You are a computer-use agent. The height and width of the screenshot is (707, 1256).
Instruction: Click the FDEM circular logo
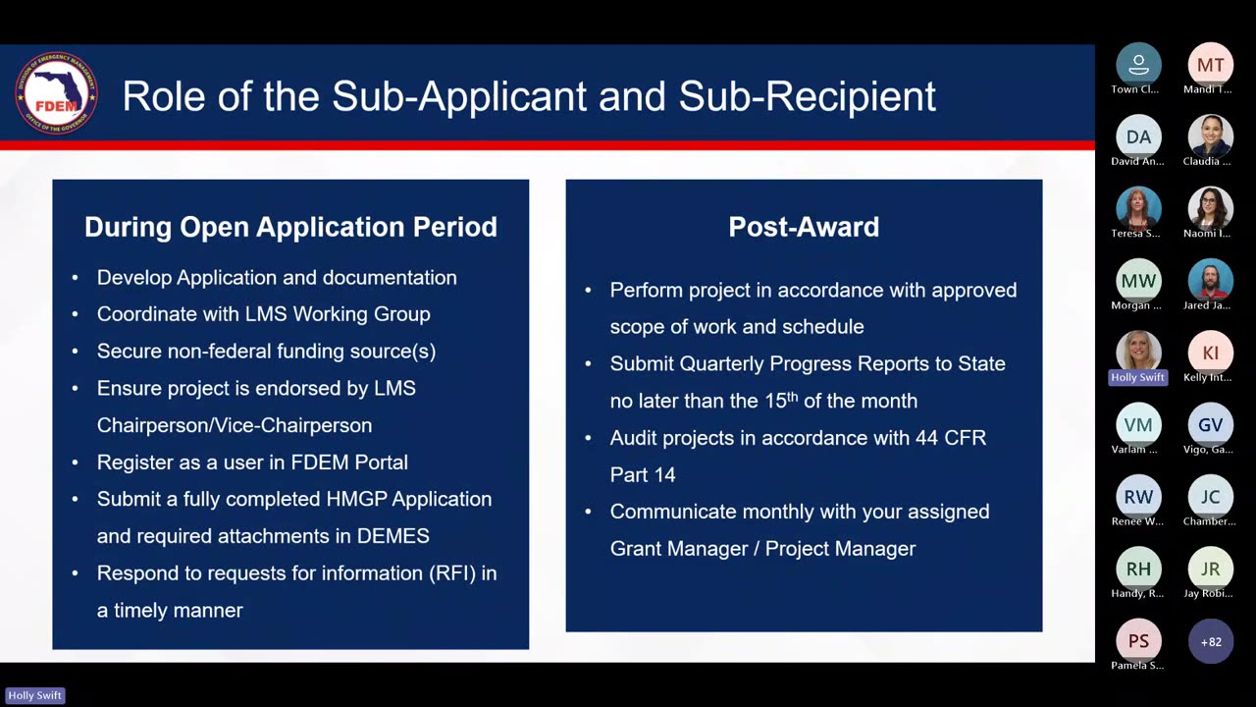56,93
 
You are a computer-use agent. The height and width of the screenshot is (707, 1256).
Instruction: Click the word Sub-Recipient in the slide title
807,96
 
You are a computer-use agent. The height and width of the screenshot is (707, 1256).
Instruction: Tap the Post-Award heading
804,227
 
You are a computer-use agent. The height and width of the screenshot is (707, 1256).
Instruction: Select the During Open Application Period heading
290,227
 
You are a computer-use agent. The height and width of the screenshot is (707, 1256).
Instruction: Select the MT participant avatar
1210,65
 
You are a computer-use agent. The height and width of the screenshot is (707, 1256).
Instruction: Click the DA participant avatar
1138,136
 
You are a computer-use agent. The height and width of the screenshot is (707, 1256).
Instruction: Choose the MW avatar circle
1138,281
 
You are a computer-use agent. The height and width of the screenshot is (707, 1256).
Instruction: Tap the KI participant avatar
1210,353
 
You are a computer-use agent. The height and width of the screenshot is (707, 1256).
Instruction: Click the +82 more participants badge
1211,641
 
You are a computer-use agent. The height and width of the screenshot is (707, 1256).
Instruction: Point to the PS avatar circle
1138,641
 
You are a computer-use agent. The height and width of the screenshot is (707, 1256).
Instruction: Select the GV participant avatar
1210,425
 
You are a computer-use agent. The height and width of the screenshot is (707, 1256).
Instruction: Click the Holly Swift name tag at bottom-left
34,695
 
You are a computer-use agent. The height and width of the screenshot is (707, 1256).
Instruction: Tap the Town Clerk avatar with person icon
1138,65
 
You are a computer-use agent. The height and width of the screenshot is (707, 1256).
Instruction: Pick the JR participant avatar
1210,570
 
